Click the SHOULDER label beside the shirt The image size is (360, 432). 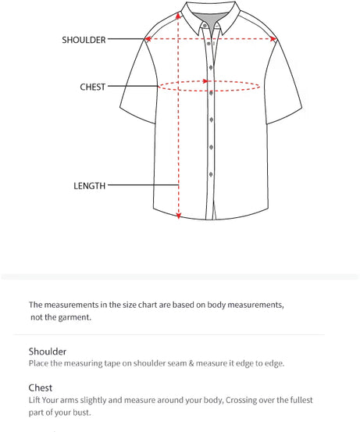pos(84,40)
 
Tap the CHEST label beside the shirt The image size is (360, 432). pos(92,87)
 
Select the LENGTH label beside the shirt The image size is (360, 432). pos(89,186)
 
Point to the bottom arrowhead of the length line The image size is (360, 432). pos(179,215)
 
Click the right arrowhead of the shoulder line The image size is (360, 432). pos(273,39)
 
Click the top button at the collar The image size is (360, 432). pos(205,24)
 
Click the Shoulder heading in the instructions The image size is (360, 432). pos(48,352)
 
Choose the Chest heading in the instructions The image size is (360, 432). pos(41,387)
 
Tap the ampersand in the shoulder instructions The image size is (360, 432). pos(198,363)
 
